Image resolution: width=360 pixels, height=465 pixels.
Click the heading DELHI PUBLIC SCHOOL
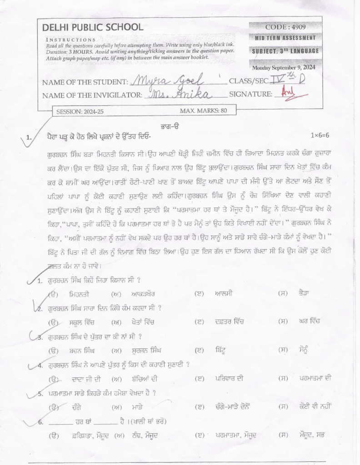click(x=92, y=27)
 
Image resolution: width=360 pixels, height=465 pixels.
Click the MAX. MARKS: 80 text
click(x=203, y=111)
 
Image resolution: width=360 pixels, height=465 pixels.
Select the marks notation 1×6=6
click(x=320, y=135)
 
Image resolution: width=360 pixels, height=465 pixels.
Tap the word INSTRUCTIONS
click(x=71, y=40)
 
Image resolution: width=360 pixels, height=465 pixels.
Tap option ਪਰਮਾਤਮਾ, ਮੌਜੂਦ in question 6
click(x=236, y=435)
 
